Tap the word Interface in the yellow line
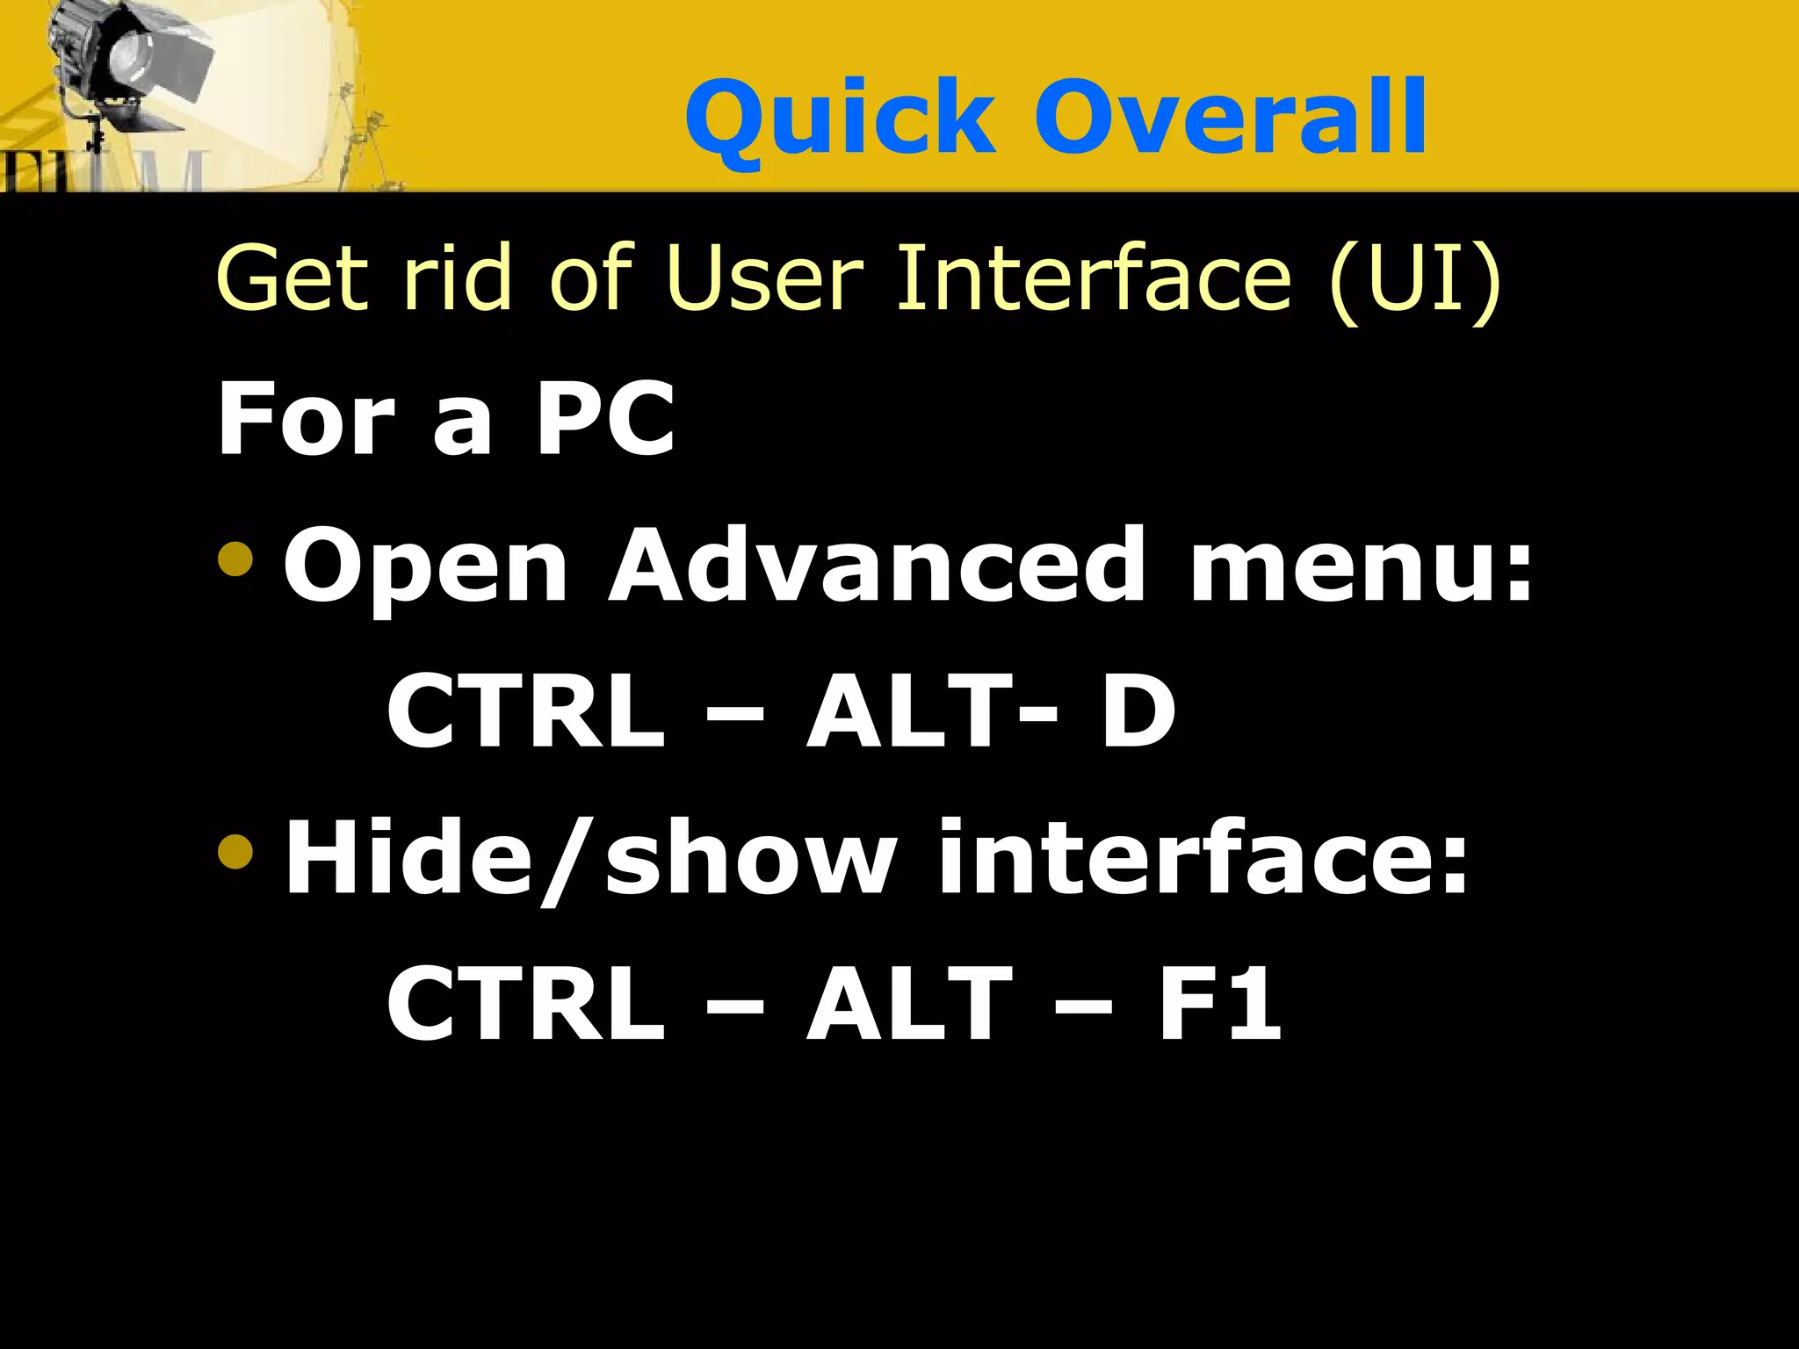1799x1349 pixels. pyautogui.click(x=1094, y=279)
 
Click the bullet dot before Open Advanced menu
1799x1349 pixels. pyautogui.click(x=235, y=559)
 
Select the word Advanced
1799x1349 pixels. pyautogui.click(x=877, y=566)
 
